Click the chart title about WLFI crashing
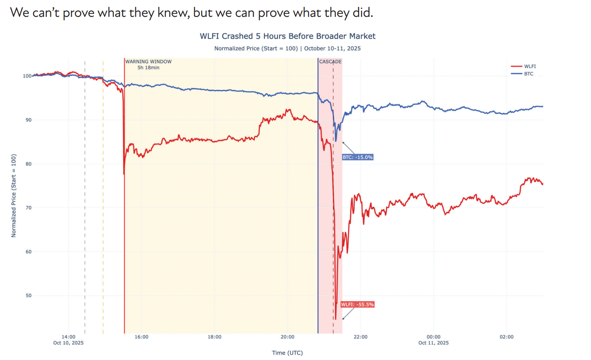coord(287,36)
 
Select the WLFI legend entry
coord(530,66)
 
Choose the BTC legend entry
coord(529,74)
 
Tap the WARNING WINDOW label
coord(148,62)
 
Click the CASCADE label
coord(330,62)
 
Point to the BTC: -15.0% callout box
coord(358,157)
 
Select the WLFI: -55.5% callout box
coord(357,305)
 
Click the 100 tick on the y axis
coord(27,76)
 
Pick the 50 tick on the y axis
coord(28,296)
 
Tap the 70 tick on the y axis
coord(28,208)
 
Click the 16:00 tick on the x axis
coord(141,337)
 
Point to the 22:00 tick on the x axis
coord(361,337)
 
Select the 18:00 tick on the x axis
coord(214,337)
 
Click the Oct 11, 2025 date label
coord(433,343)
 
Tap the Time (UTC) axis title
coord(287,353)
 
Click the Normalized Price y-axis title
coord(14,196)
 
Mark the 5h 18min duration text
coord(148,68)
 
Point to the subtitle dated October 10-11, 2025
coord(287,48)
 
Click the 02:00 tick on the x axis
coord(506,337)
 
